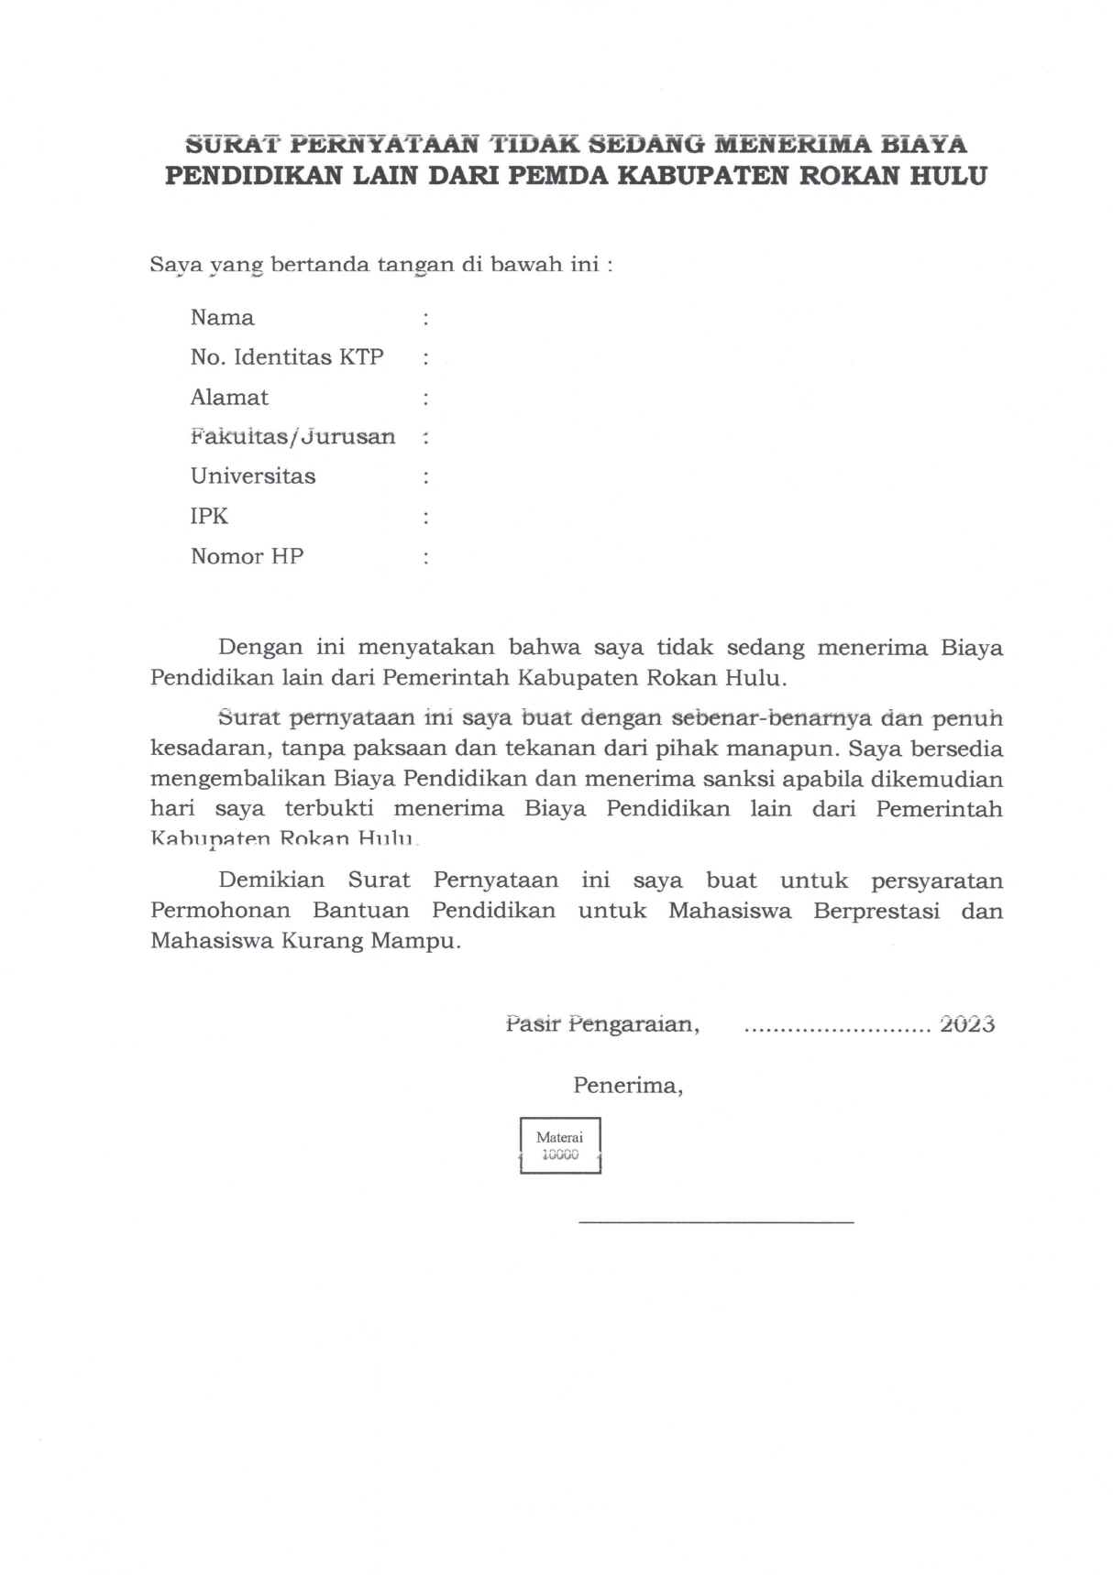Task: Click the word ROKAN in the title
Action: (x=849, y=176)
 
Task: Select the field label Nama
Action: (x=222, y=318)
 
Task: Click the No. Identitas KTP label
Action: (x=287, y=357)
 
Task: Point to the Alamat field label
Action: (x=229, y=398)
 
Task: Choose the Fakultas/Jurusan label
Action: (x=292, y=437)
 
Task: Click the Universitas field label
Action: (x=253, y=476)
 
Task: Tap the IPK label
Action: (x=209, y=517)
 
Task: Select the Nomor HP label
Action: (x=247, y=556)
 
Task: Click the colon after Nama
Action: (x=425, y=319)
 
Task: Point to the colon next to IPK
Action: (x=425, y=518)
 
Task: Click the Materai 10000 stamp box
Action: (x=560, y=1145)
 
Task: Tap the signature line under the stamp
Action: (x=715, y=1221)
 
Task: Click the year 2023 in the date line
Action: (x=967, y=1024)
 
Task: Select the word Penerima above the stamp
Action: (x=628, y=1086)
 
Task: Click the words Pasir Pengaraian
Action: (x=602, y=1024)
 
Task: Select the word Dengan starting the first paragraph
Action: (x=260, y=648)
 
